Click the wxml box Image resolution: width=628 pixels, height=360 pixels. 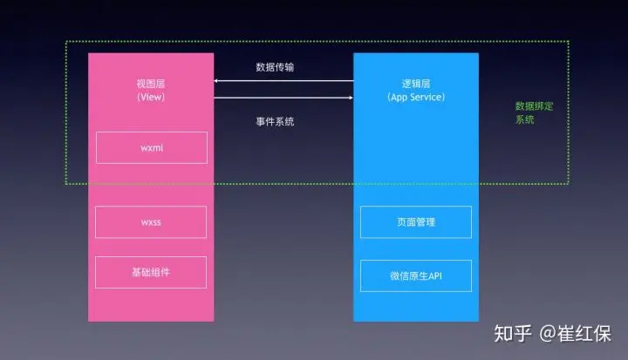coord(151,147)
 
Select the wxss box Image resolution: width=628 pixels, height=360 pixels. coord(151,222)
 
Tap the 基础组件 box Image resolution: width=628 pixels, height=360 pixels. coord(151,272)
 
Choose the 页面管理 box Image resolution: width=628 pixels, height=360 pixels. coord(415,222)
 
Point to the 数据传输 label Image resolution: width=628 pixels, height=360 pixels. coord(281,67)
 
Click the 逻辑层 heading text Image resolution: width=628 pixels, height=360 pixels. coord(416,84)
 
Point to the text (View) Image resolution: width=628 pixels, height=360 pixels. coord(151,98)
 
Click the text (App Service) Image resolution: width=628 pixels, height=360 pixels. coord(416,98)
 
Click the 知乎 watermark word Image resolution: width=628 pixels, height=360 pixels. coord(510,333)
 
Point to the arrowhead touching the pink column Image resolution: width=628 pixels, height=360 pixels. coord(217,82)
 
